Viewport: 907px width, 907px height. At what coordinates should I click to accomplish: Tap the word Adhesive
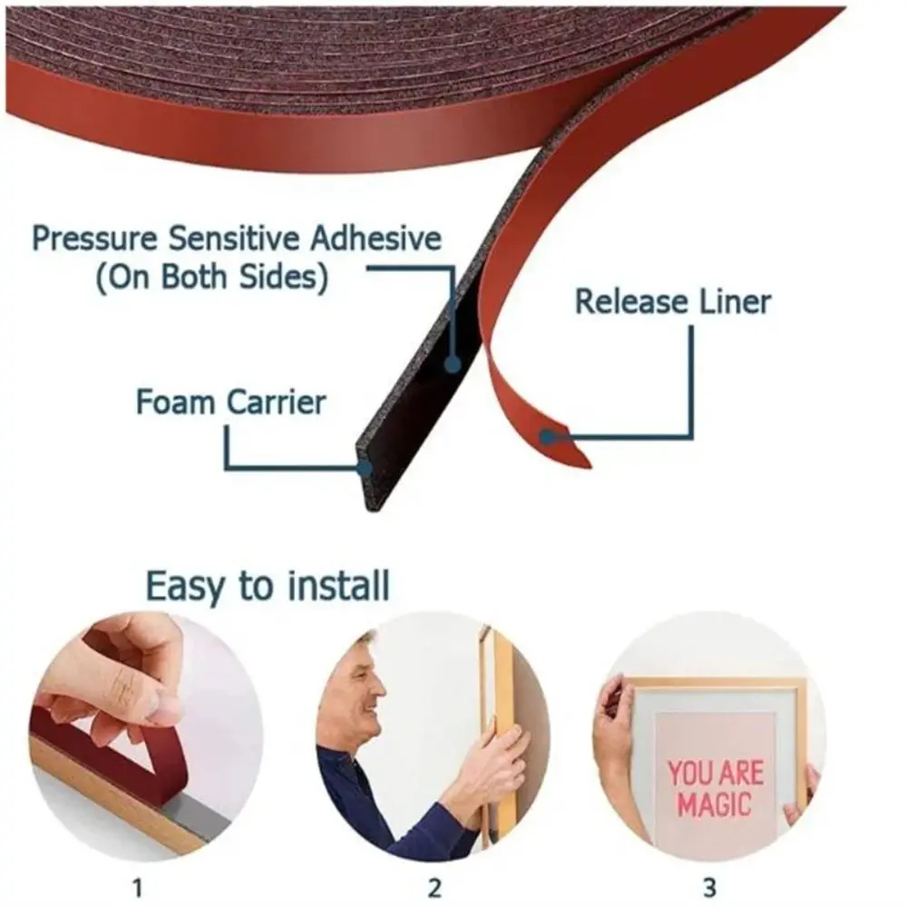click(x=375, y=239)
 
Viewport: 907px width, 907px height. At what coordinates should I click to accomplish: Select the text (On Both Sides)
click(x=211, y=278)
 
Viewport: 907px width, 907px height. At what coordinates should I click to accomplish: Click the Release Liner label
click(x=673, y=302)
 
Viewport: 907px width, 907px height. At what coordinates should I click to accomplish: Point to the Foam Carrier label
click(x=230, y=401)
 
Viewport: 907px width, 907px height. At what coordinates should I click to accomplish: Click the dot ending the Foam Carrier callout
click(x=365, y=468)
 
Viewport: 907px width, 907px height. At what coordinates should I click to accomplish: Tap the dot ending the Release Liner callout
click(x=547, y=437)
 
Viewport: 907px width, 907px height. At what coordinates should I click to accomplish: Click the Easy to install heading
click(x=268, y=586)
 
